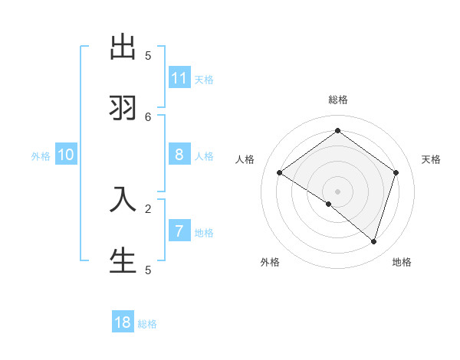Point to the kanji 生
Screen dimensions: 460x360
(x=123, y=260)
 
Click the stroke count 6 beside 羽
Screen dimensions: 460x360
(x=148, y=116)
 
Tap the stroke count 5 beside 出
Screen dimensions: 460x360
(x=148, y=55)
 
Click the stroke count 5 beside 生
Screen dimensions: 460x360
(x=148, y=270)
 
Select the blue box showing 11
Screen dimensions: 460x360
(x=179, y=78)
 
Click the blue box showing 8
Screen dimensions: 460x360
(x=179, y=155)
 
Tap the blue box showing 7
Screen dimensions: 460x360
(x=179, y=231)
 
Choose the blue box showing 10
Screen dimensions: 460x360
(x=66, y=155)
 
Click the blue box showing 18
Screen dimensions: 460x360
(x=123, y=322)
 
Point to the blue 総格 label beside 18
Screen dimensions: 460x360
(x=147, y=324)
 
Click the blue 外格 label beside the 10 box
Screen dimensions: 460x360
(x=41, y=156)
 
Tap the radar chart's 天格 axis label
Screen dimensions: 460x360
(x=431, y=159)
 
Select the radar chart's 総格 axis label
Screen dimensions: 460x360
(x=338, y=100)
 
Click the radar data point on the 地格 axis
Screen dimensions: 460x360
(x=373, y=241)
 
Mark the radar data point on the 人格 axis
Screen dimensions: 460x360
(x=280, y=173)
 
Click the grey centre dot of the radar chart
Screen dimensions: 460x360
(x=337, y=191)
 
